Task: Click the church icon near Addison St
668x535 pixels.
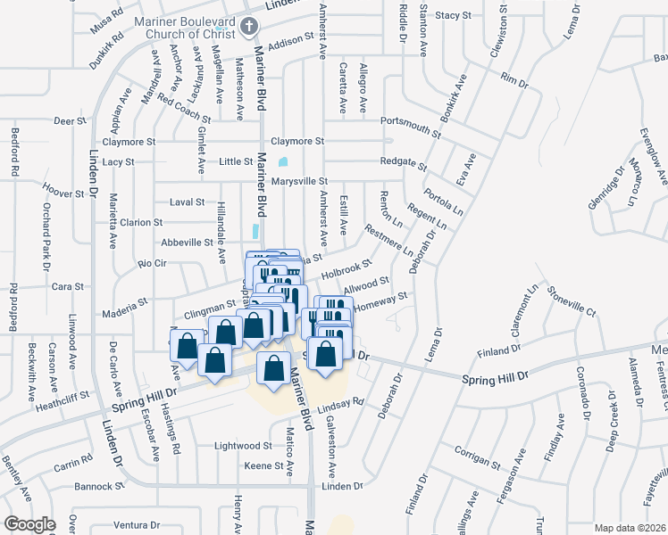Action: (249, 29)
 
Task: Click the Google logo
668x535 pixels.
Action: (29, 524)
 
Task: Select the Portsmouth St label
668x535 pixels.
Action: (411, 121)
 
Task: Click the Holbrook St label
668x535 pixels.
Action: (346, 267)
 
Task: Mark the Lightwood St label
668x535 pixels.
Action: (243, 445)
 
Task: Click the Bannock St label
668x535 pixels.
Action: (100, 487)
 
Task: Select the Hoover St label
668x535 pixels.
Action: (63, 192)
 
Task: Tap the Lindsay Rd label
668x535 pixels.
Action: (344, 402)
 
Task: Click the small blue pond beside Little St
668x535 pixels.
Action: (283, 162)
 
